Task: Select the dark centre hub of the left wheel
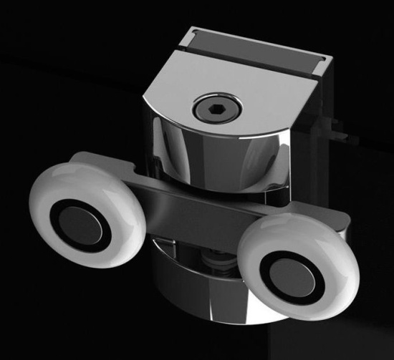80,227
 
